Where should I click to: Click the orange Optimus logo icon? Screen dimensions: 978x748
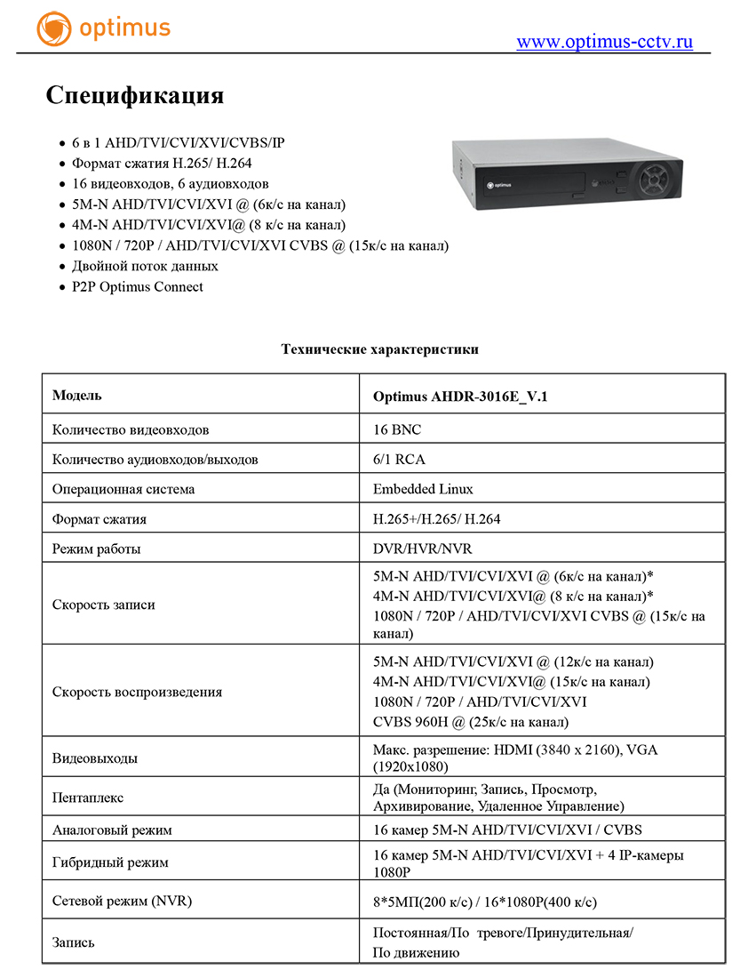(53, 28)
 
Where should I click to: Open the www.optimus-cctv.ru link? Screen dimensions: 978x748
(604, 42)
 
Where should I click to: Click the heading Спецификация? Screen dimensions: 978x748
(134, 95)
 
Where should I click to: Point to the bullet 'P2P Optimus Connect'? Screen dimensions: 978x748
(137, 286)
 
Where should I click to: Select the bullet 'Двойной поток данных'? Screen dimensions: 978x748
(145, 266)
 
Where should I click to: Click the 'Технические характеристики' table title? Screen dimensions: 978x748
(379, 349)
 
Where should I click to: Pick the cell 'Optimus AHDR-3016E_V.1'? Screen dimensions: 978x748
(460, 396)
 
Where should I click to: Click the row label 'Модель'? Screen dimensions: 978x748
(77, 395)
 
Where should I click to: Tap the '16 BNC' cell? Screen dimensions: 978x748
(397, 429)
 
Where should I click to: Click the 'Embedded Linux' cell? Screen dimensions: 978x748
(423, 489)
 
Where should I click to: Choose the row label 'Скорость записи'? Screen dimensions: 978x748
(104, 605)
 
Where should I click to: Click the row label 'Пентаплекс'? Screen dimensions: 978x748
(88, 798)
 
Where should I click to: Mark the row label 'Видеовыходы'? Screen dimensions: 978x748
(95, 758)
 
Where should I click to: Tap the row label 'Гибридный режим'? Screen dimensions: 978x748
(110, 862)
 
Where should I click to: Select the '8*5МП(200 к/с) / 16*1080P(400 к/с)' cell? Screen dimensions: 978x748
(484, 902)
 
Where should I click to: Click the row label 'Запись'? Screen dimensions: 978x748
(74, 942)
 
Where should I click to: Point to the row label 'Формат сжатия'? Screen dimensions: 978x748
(99, 519)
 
